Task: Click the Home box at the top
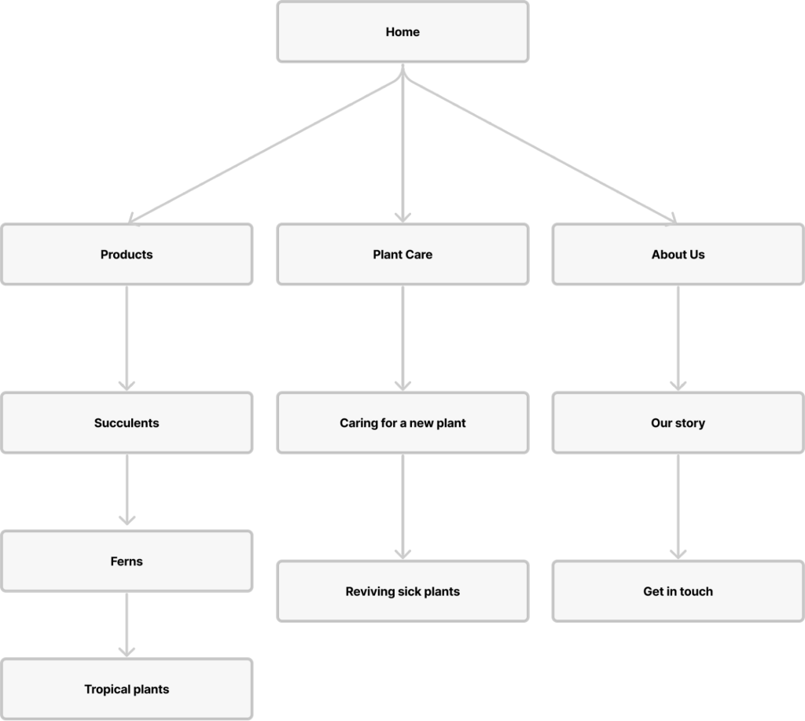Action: pos(402,31)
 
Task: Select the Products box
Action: pos(127,254)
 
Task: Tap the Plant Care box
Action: pos(402,254)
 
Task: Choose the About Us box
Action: pos(678,254)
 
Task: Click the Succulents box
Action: pos(127,422)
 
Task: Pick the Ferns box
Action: pos(127,561)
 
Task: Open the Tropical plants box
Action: pos(127,689)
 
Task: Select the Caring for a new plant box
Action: pos(402,422)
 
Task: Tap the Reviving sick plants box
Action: pos(402,590)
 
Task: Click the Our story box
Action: pos(678,422)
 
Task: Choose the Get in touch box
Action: pos(678,590)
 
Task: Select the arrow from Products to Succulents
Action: pos(127,338)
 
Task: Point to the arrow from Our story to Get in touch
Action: pos(678,506)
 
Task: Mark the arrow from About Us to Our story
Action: pos(678,338)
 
